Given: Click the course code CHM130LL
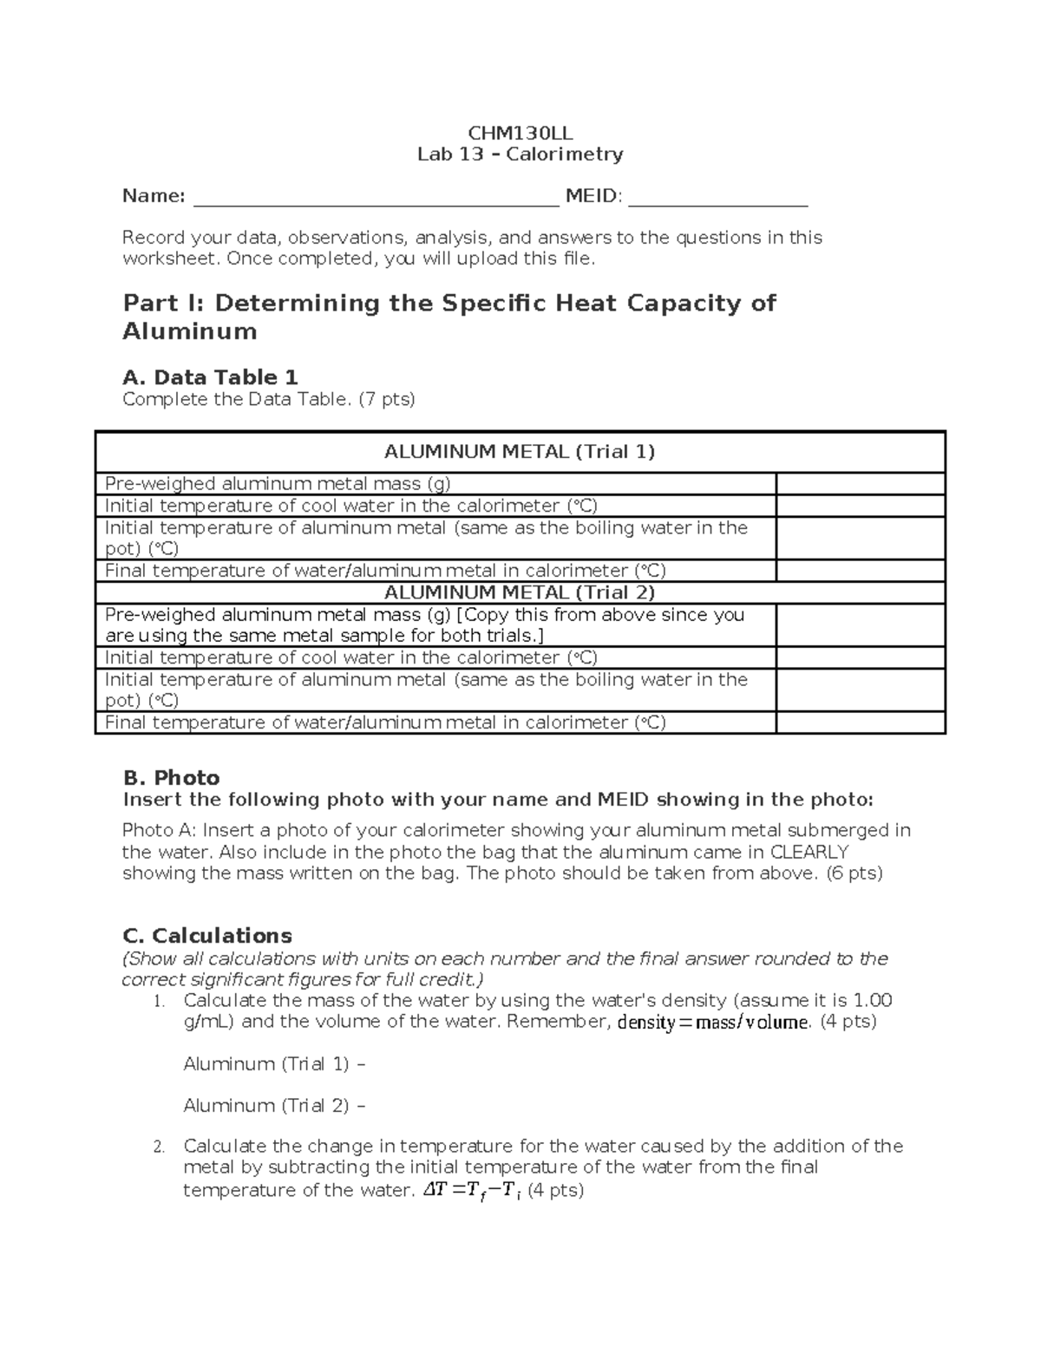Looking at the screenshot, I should tap(520, 134).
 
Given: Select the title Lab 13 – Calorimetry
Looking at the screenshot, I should tap(520, 154).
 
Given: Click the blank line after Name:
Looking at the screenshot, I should tap(375, 199).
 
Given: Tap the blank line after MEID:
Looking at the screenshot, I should tap(717, 199).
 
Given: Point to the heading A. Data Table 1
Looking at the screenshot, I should tap(210, 377).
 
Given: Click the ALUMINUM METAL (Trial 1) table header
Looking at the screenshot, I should tap(520, 452).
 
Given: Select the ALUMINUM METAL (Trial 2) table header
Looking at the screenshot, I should tap(520, 592).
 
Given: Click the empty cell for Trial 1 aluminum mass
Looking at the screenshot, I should tap(860, 484).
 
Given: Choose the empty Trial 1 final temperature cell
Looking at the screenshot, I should tap(860, 571).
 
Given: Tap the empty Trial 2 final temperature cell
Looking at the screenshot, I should tap(860, 723).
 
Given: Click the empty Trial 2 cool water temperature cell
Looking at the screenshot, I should tap(860, 657).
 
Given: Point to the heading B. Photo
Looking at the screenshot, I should tap(171, 777).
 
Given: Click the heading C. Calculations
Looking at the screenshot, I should tap(207, 936).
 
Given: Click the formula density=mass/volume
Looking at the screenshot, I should tap(712, 1022).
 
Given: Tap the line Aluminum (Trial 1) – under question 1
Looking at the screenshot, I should tap(274, 1064).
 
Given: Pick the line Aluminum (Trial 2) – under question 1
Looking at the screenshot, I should tap(274, 1106).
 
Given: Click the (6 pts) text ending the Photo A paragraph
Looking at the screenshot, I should tap(853, 873).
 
